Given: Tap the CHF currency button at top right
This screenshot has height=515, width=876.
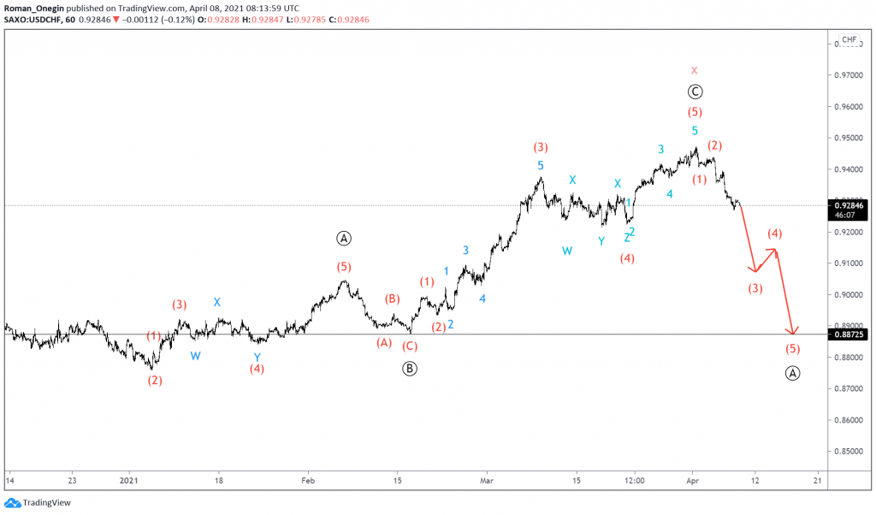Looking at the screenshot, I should [x=849, y=39].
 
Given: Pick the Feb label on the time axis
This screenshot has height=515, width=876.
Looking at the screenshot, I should [x=308, y=481].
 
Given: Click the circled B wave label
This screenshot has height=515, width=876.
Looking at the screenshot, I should [x=410, y=369].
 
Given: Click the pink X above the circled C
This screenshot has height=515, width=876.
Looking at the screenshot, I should [x=695, y=70].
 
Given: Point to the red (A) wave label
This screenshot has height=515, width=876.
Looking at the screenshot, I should [x=384, y=343].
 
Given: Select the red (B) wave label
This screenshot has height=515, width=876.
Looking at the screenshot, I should [x=392, y=299].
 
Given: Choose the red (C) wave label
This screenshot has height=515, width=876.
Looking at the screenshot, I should [x=410, y=346].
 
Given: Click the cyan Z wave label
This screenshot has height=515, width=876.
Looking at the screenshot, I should [x=626, y=238].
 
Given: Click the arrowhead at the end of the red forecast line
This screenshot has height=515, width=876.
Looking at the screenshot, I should [x=794, y=332].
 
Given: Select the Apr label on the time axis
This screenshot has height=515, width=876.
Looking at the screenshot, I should [x=692, y=481].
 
